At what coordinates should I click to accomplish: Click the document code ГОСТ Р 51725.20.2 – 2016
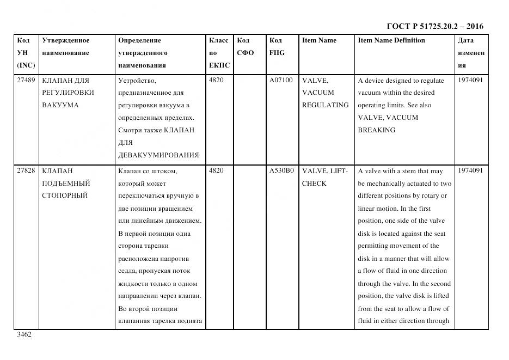point(435,26)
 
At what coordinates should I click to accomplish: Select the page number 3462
point(24,334)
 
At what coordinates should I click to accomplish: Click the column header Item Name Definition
point(391,40)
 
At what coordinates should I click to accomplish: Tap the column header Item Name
point(319,40)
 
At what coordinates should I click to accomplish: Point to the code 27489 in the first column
point(26,80)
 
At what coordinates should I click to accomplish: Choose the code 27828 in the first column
point(26,170)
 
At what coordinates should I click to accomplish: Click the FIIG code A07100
point(281,80)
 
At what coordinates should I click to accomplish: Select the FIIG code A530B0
point(281,170)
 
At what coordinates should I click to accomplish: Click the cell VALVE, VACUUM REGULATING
point(325,93)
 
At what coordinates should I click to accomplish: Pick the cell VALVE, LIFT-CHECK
point(324,177)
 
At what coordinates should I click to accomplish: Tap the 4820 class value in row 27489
point(216,80)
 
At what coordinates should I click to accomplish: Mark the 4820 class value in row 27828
point(216,170)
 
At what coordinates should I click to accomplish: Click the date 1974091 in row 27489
point(470,80)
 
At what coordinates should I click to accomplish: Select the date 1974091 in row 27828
point(470,170)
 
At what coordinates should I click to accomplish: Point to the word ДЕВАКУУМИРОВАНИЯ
point(158,155)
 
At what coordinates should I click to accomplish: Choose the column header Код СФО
point(246,47)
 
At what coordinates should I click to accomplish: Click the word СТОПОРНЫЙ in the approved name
point(65,196)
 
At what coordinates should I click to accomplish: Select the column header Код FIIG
point(277,47)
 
